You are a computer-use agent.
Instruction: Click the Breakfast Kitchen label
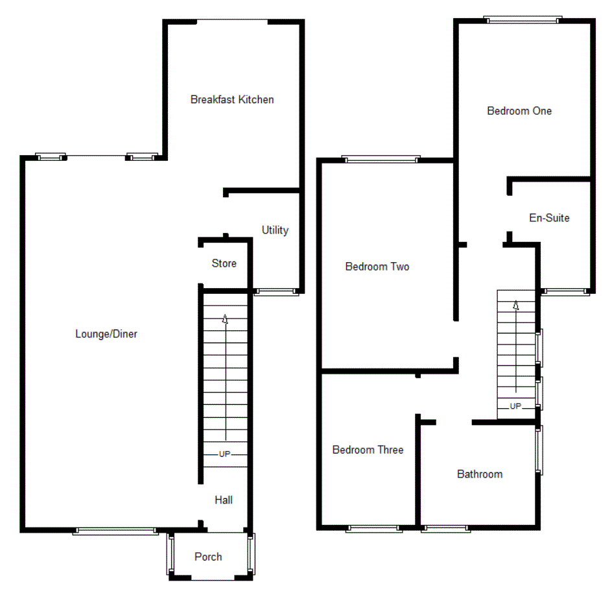[x=232, y=99]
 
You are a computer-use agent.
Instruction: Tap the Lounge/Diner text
[x=106, y=334]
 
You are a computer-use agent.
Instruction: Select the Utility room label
[x=275, y=230]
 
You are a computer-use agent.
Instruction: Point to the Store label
[x=224, y=263]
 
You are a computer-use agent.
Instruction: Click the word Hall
[x=224, y=500]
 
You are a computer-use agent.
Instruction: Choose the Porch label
[x=208, y=557]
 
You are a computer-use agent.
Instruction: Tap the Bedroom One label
[x=519, y=111]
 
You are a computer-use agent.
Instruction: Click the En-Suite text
[x=549, y=218]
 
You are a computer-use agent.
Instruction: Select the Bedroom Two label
[x=377, y=267]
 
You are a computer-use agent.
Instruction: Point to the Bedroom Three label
[x=368, y=450]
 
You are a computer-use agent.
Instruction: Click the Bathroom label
[x=480, y=474]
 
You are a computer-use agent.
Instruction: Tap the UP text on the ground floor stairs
[x=224, y=454]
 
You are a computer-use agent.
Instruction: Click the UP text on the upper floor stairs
[x=515, y=406]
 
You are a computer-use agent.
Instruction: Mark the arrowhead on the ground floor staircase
[x=226, y=319]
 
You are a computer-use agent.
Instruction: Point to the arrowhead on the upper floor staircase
[x=516, y=304]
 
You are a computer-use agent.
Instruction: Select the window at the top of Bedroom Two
[x=381, y=159]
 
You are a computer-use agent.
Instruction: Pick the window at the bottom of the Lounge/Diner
[x=115, y=531]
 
